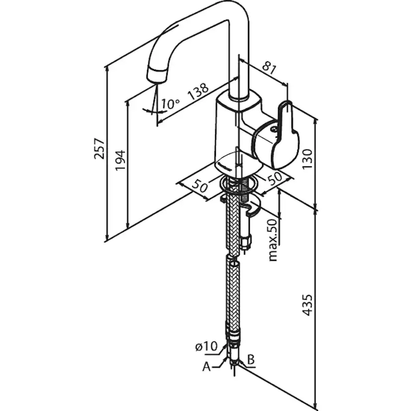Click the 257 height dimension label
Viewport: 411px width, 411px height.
(100, 148)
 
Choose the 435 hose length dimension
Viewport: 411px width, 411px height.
(307, 305)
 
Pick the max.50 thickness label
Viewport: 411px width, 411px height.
(273, 240)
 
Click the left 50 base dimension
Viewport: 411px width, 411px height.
(199, 187)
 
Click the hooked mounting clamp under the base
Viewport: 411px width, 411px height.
(254, 209)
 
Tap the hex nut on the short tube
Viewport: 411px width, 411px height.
(246, 242)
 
